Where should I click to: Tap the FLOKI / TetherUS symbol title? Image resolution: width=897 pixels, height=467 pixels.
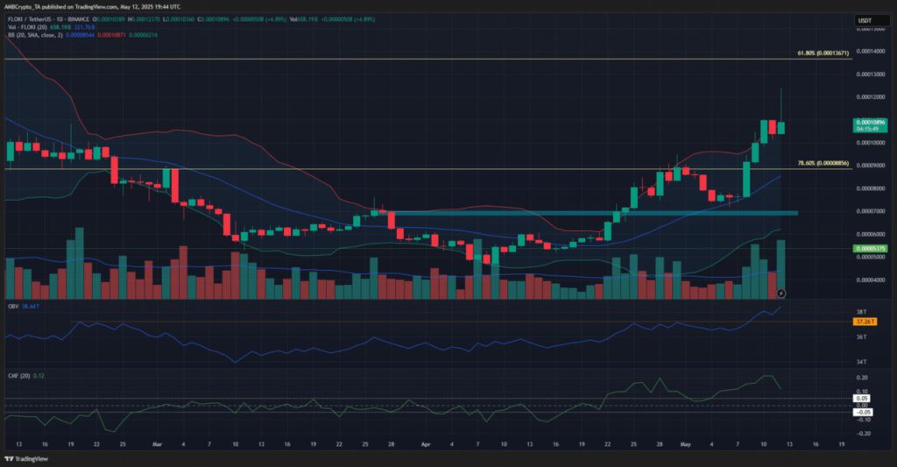[x=35, y=18]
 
